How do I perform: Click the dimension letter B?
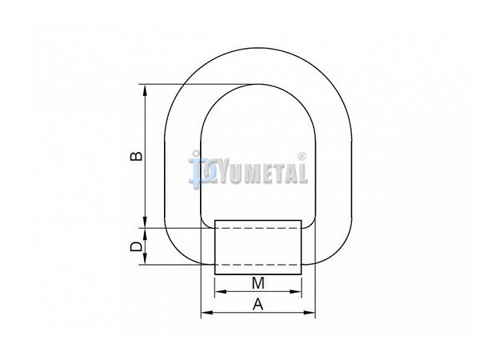click(136, 155)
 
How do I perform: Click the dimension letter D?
click(136, 246)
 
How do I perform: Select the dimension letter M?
click(258, 283)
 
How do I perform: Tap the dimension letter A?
click(258, 304)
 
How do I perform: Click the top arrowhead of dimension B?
click(146, 90)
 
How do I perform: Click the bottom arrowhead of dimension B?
click(146, 222)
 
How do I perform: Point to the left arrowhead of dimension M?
click(220, 291)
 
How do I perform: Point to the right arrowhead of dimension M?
click(296, 291)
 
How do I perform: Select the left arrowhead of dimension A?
click(206, 312)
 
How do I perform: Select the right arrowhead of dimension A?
click(310, 312)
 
